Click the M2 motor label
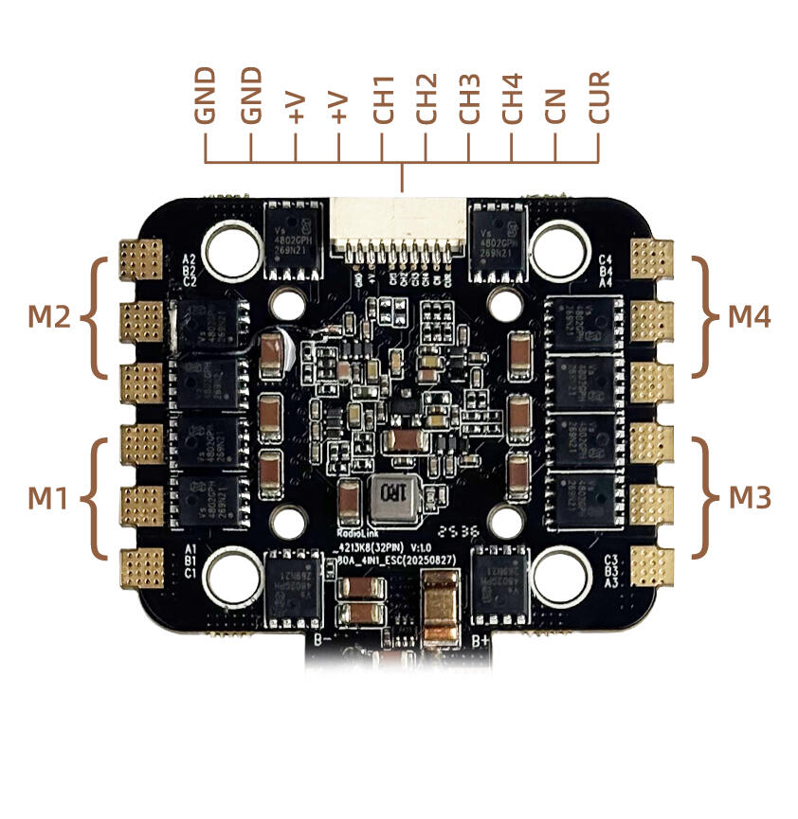(48, 318)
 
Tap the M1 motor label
(47, 497)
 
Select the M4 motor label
(750, 318)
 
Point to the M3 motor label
(750, 497)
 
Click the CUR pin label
(598, 97)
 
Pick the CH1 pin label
(382, 97)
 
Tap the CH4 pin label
(512, 97)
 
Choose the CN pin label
(555, 103)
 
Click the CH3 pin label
(469, 97)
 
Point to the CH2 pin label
(426, 97)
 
